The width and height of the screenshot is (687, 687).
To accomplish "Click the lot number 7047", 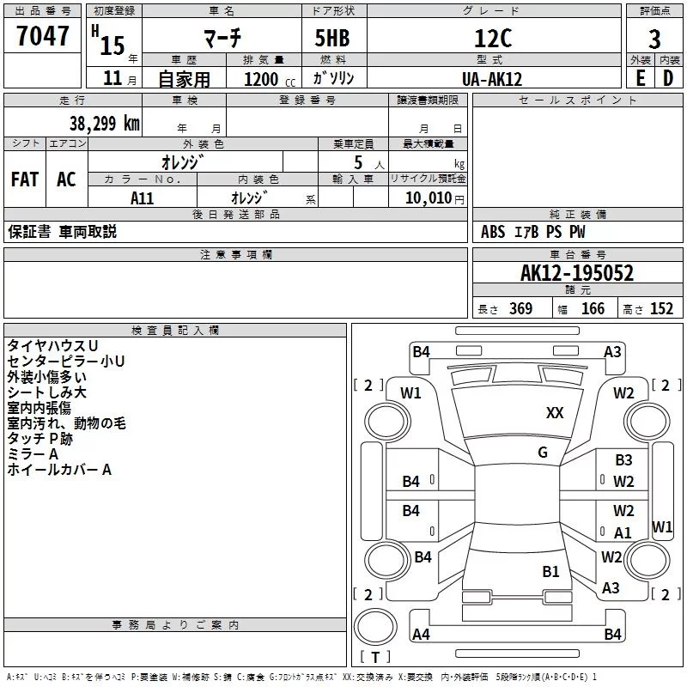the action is tap(42, 36).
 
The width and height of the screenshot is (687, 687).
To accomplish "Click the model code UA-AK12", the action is tap(491, 79).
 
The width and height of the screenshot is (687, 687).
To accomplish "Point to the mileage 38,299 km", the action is tap(104, 124).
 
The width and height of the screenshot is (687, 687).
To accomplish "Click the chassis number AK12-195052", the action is tap(576, 274).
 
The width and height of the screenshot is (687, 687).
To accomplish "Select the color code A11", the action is tap(142, 198).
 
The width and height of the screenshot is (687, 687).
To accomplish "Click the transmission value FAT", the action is tap(24, 179).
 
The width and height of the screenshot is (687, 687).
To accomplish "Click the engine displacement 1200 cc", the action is tap(261, 79).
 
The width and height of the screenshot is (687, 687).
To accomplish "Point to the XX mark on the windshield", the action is tap(555, 413).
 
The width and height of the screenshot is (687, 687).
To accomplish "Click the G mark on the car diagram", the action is tap(543, 453).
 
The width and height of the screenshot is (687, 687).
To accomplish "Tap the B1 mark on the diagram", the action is tap(550, 571).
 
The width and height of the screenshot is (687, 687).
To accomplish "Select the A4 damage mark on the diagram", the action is tap(421, 635).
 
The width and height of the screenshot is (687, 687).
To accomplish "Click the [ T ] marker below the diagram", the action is tap(374, 658).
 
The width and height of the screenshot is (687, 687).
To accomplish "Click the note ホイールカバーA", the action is tap(59, 470).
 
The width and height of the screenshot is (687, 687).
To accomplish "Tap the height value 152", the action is tap(661, 309).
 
